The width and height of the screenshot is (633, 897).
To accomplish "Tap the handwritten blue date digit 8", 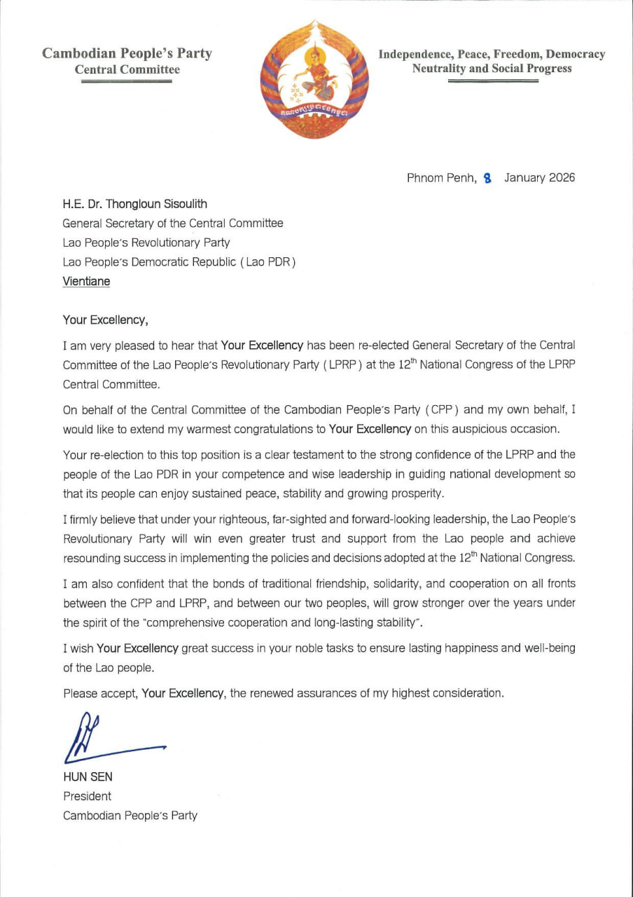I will coord(487,179).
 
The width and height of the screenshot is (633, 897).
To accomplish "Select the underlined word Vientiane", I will coord(86,281).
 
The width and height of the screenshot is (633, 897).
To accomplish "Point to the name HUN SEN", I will coord(88,776).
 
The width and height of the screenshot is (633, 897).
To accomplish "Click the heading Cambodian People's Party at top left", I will coord(127,53).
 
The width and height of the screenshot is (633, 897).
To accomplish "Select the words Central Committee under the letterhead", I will coord(127,69).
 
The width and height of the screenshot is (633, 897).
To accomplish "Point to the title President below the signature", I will coord(87,796).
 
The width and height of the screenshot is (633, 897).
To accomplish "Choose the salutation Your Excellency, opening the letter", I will coord(105,320).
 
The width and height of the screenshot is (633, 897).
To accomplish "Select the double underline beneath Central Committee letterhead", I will coord(127,82).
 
